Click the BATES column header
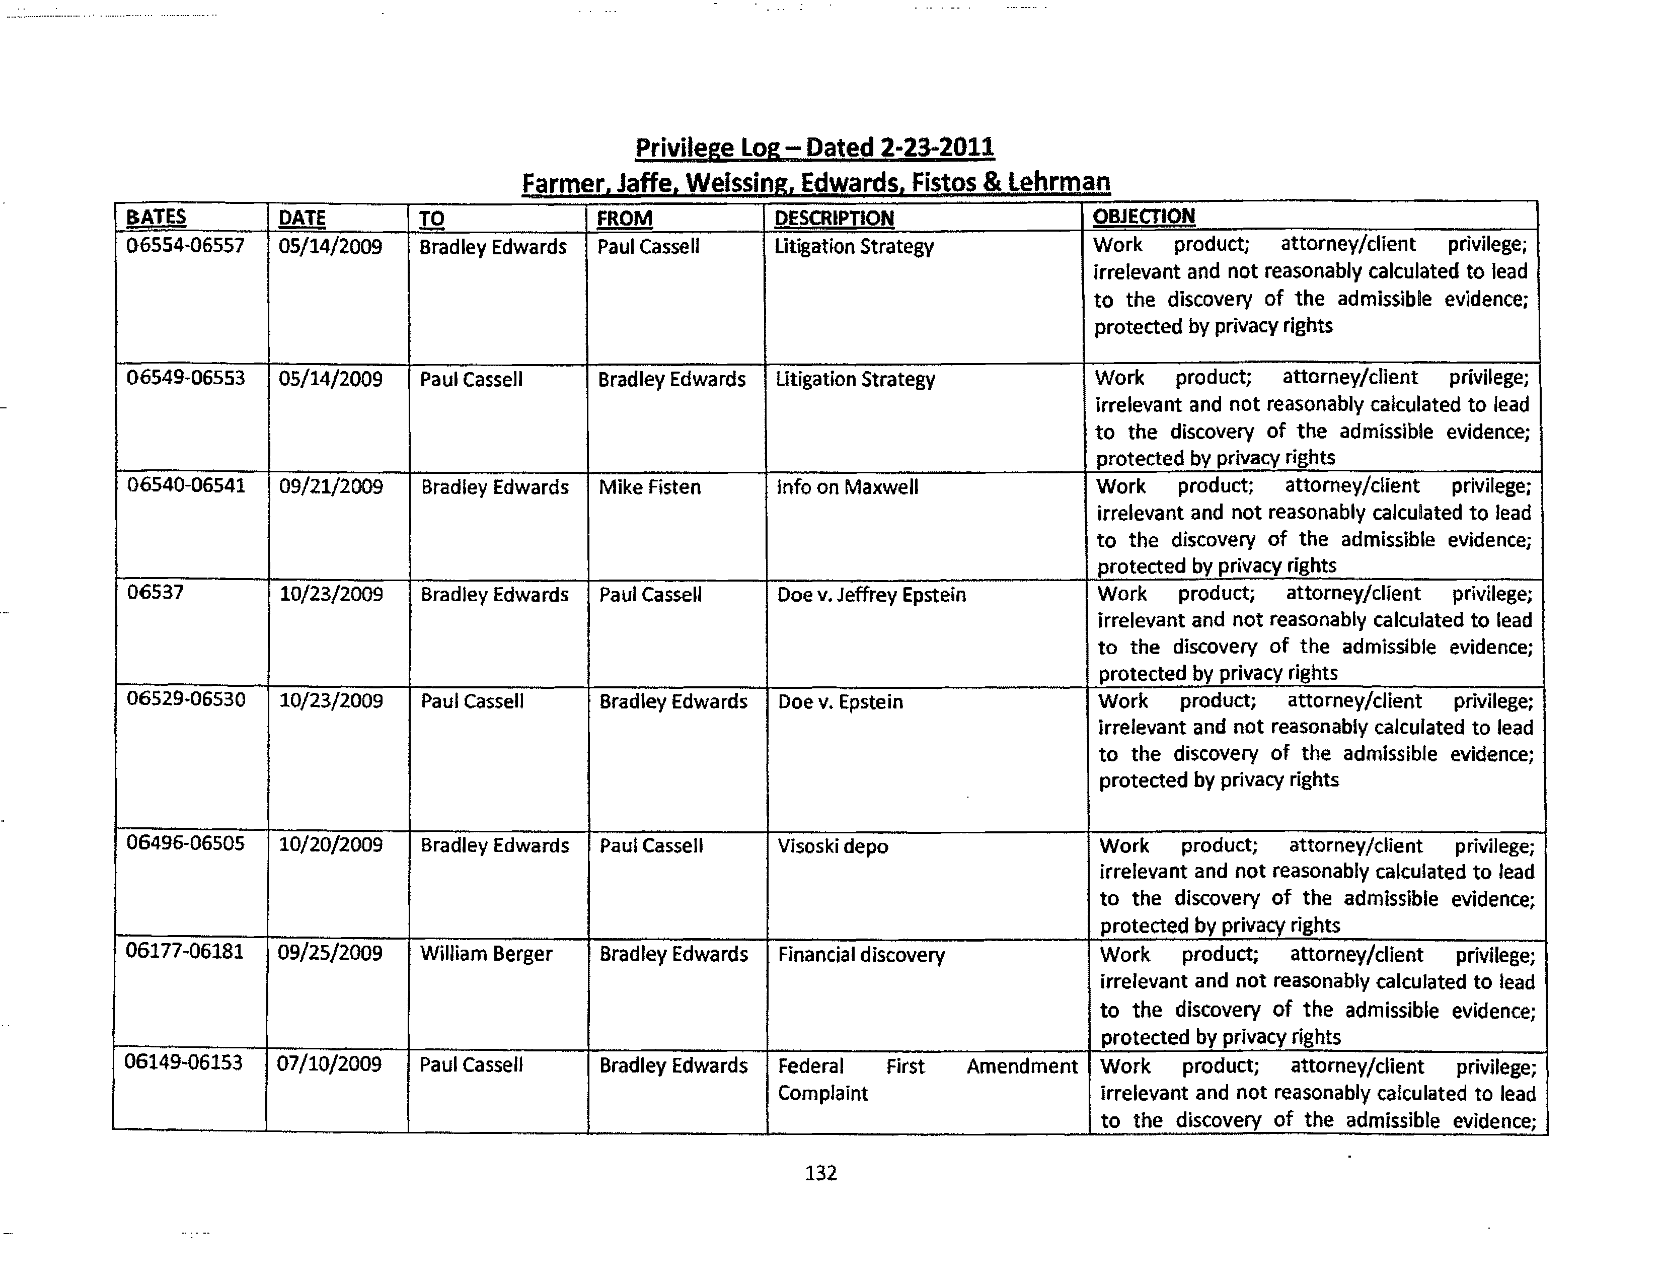(x=156, y=218)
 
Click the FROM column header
(x=625, y=219)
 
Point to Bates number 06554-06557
(x=186, y=246)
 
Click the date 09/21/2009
(x=331, y=487)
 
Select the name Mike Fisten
(x=649, y=487)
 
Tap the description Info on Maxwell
(x=847, y=487)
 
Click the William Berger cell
(x=486, y=954)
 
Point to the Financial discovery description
(x=861, y=955)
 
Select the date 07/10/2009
(x=329, y=1063)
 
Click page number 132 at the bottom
(x=820, y=1173)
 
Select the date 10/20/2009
(x=331, y=845)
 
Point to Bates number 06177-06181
(x=185, y=952)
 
